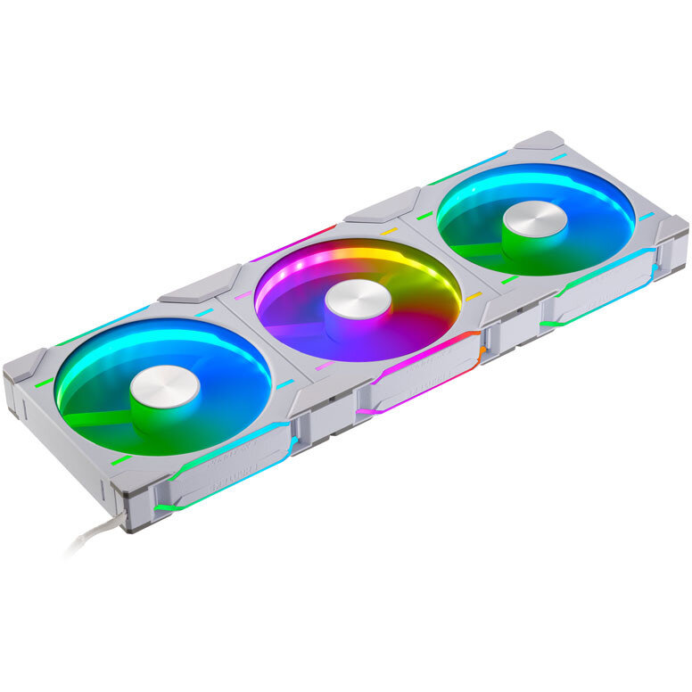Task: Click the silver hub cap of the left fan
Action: click(165, 383)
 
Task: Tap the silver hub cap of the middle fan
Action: click(358, 298)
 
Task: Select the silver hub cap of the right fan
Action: click(534, 218)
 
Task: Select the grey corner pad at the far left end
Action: click(22, 364)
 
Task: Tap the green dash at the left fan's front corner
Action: click(120, 460)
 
